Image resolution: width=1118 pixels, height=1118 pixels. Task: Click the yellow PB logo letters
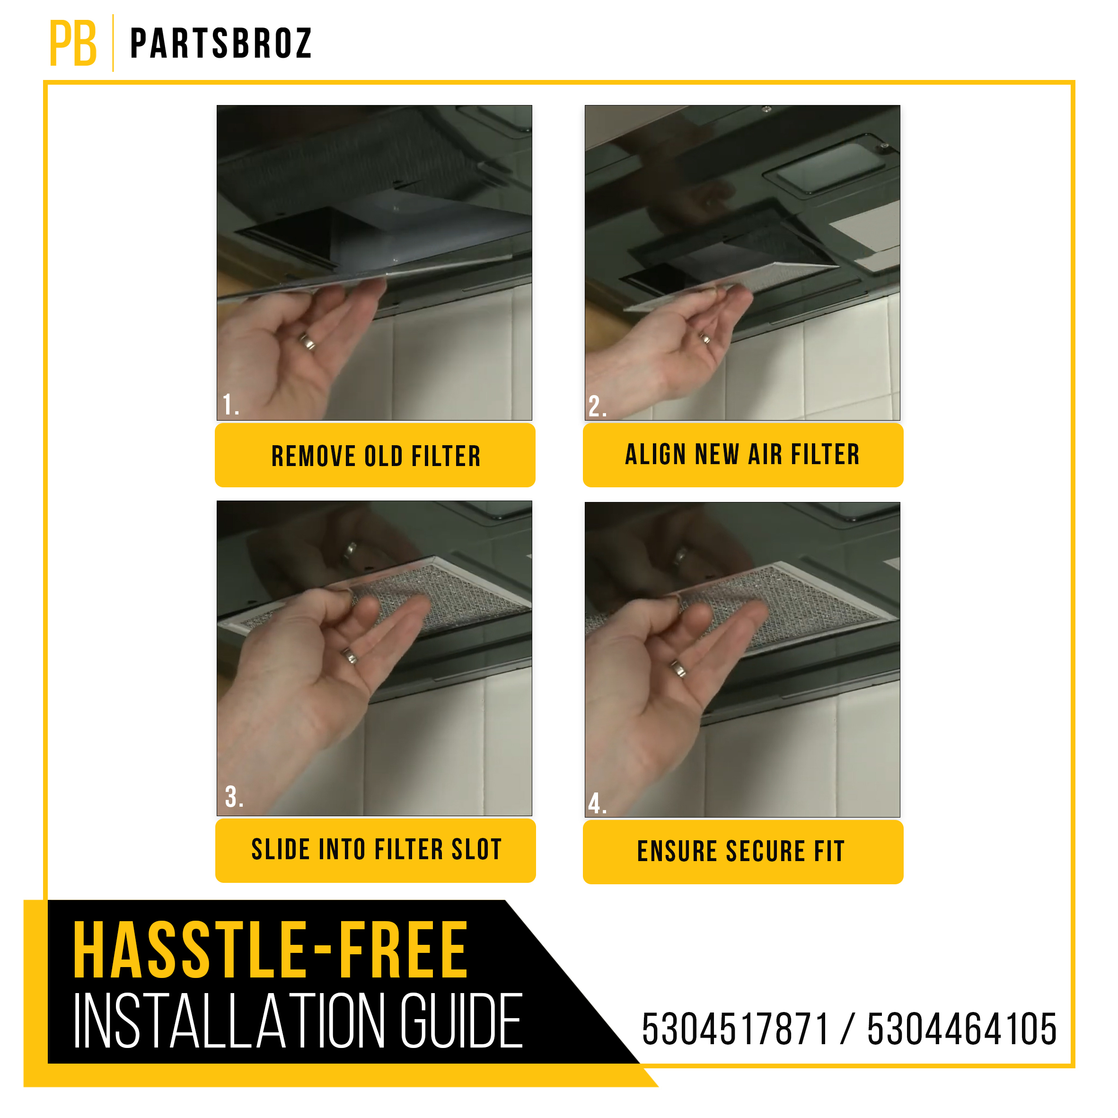[73, 44]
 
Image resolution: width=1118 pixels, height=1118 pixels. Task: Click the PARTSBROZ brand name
[221, 44]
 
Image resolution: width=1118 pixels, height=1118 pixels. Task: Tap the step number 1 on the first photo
[230, 405]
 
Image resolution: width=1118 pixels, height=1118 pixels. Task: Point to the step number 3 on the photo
[233, 797]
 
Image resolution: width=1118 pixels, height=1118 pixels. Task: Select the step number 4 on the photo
[597, 804]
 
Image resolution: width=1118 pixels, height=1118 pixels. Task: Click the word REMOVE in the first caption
[313, 457]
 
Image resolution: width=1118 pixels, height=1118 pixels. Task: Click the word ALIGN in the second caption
[655, 454]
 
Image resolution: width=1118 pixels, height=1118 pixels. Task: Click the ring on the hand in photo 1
[307, 342]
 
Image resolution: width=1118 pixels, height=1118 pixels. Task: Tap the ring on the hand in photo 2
[705, 338]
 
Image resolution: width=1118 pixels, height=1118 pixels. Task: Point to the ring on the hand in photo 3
[350, 656]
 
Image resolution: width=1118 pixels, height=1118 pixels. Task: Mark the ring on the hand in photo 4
[678, 669]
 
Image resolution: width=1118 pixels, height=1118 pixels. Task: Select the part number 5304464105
[961, 1030]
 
